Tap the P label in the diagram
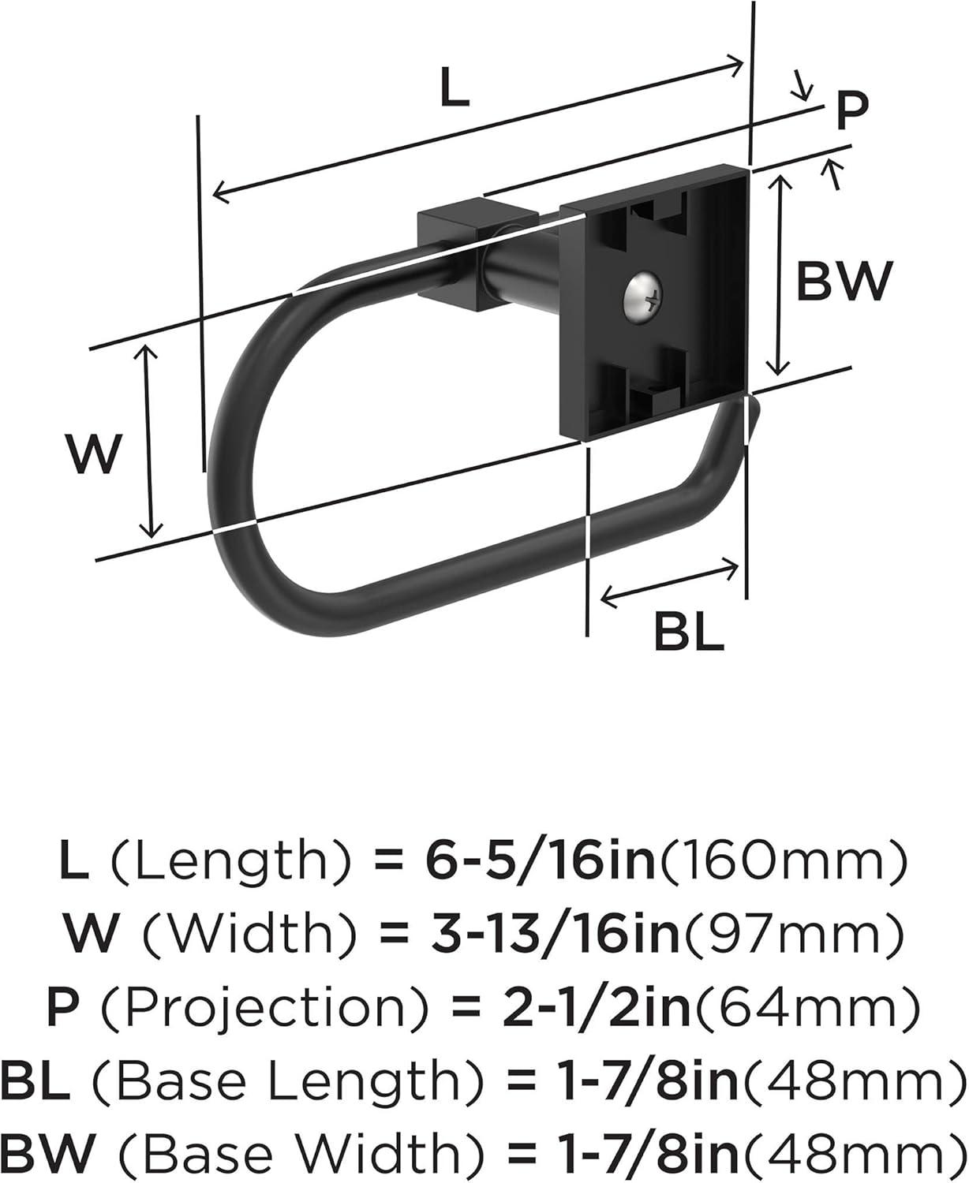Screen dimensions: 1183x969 click(851, 110)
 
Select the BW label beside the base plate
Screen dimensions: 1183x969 click(843, 279)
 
